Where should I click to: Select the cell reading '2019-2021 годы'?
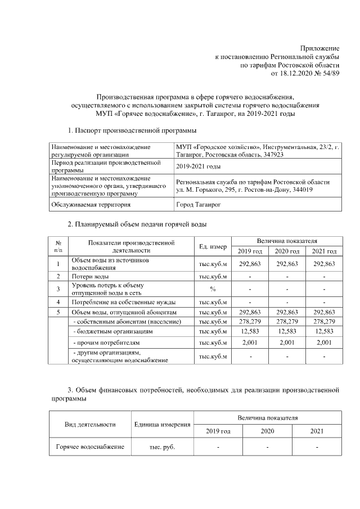[x=198, y=166]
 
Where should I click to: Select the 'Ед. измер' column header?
[x=213, y=246]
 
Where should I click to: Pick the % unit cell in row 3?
[x=213, y=289]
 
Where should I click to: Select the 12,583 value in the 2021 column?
[x=323, y=332]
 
